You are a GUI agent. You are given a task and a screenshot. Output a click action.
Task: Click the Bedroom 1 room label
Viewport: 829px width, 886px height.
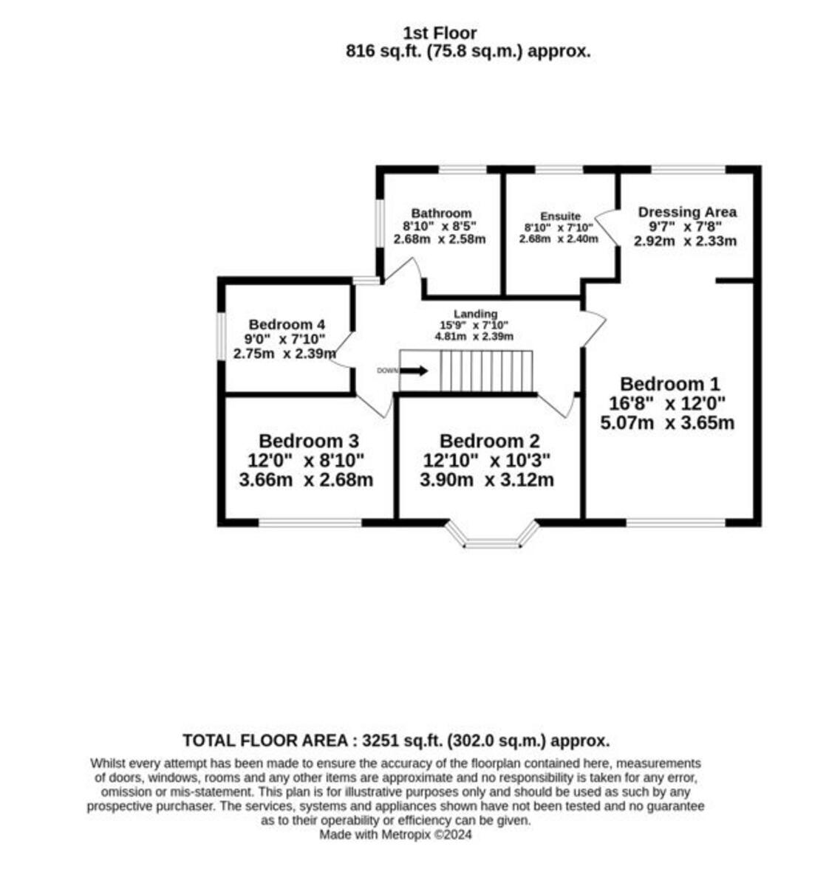point(669,384)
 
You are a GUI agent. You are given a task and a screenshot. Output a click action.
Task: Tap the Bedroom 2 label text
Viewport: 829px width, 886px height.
point(489,442)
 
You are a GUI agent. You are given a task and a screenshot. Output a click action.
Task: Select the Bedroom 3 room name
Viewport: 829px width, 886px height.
point(309,442)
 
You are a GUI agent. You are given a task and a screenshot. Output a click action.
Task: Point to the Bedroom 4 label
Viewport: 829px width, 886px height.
point(287,324)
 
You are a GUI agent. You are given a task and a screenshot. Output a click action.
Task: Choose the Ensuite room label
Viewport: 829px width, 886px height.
point(560,216)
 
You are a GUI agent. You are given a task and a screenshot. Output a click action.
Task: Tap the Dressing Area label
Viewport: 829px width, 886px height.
point(687,212)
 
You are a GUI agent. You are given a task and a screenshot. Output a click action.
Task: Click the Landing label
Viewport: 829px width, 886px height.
point(475,314)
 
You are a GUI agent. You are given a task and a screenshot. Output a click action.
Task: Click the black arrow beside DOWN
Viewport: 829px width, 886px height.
point(414,371)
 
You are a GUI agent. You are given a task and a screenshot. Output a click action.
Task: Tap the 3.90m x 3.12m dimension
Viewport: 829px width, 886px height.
point(487,480)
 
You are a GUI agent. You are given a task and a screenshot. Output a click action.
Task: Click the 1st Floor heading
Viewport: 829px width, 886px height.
point(440,33)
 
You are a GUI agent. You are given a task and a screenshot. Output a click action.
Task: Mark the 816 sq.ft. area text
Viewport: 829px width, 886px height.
point(468,52)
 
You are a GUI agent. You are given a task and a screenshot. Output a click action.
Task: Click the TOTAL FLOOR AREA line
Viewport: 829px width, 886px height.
point(396,741)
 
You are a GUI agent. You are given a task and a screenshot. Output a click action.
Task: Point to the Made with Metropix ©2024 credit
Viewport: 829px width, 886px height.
point(395,835)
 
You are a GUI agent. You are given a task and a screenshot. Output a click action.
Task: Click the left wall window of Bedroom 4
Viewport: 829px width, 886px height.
point(221,337)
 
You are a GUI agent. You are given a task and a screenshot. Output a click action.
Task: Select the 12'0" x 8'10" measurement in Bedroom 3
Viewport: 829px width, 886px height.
point(306,461)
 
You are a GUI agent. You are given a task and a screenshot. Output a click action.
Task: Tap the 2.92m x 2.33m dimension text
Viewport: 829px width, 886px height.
point(686,241)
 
